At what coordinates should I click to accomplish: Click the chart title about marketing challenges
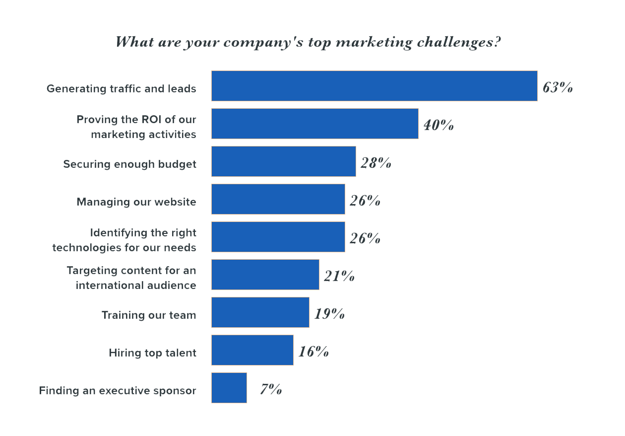[x=308, y=42]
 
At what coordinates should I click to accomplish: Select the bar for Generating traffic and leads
[x=374, y=86]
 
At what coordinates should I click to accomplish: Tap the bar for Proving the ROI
[x=314, y=124]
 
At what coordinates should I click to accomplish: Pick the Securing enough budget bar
[x=283, y=161]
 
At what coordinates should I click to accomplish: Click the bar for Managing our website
[x=278, y=199]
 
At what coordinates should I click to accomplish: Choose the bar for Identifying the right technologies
[x=278, y=237]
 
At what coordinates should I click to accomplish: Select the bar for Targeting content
[x=265, y=275]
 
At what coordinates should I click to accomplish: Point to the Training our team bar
[x=260, y=312]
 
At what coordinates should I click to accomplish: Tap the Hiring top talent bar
[x=252, y=350]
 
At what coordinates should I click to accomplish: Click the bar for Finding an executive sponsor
[x=229, y=388]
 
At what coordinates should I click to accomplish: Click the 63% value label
[x=558, y=88]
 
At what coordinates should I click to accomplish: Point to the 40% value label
[x=438, y=125]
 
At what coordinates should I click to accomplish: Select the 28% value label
[x=375, y=163]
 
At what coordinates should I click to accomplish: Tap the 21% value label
[x=339, y=276]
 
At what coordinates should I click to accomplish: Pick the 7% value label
[x=271, y=389]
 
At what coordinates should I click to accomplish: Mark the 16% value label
[x=313, y=352]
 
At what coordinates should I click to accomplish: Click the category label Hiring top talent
[x=152, y=353]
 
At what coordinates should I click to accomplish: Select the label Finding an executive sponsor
[x=118, y=391]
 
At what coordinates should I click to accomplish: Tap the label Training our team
[x=149, y=315]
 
